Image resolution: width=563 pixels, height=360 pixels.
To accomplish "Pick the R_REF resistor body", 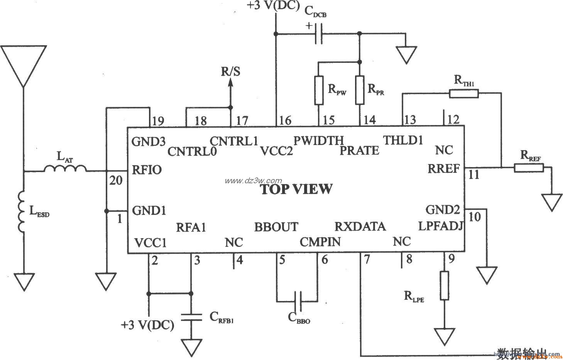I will [528, 167].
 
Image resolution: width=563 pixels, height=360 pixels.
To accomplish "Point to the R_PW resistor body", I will [318, 90].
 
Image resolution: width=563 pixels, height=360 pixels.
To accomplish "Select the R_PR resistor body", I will [360, 90].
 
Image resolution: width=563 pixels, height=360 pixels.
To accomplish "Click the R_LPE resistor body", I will [445, 286].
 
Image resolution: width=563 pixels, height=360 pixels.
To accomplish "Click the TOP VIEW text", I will [296, 189].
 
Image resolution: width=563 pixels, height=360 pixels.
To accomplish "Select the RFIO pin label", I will [147, 170].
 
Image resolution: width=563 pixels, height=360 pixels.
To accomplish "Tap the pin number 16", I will [286, 120].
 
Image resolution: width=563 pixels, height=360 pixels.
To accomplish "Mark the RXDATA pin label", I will [360, 226].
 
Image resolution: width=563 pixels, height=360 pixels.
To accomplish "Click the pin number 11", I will [474, 175].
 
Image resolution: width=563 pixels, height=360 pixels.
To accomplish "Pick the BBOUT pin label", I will [276, 227].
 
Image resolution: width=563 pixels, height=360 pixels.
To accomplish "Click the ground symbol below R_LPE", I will [444, 336].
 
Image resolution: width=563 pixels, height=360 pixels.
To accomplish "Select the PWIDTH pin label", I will [319, 140].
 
